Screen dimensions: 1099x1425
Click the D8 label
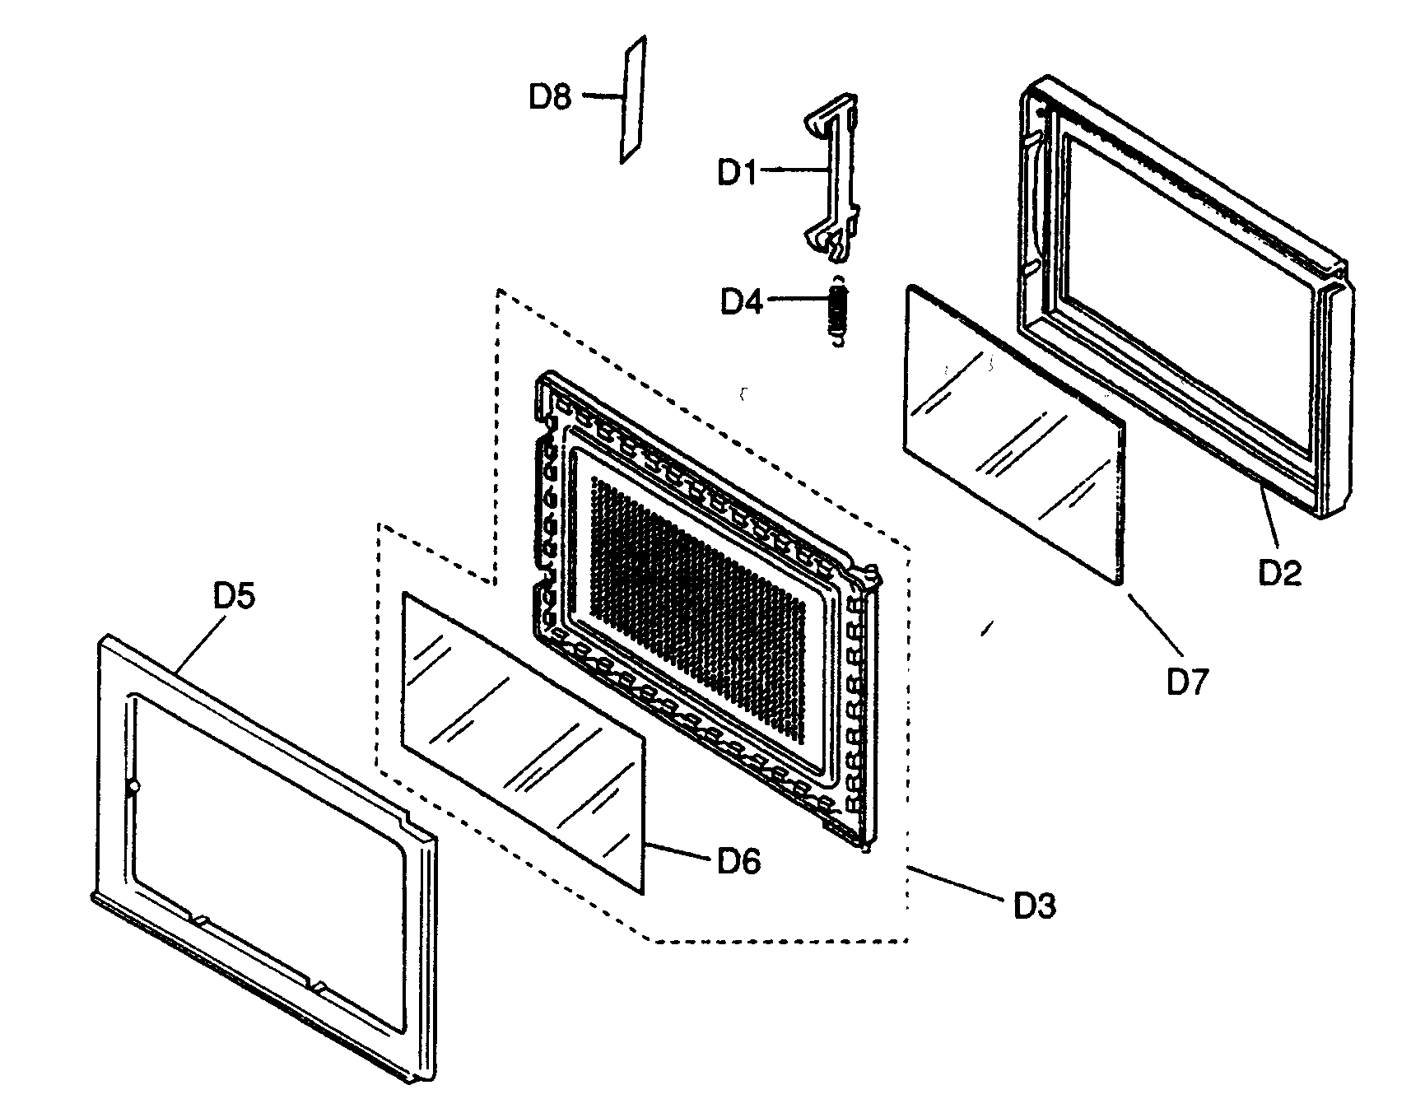[x=549, y=97]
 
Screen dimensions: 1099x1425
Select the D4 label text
[x=742, y=302]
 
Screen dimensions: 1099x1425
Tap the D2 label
[x=1280, y=572]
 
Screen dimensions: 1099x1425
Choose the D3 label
[x=1034, y=906]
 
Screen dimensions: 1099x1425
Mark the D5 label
[x=235, y=597]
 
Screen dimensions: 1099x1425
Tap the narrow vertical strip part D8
[x=633, y=99]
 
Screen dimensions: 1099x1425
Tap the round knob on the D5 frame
[x=133, y=787]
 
